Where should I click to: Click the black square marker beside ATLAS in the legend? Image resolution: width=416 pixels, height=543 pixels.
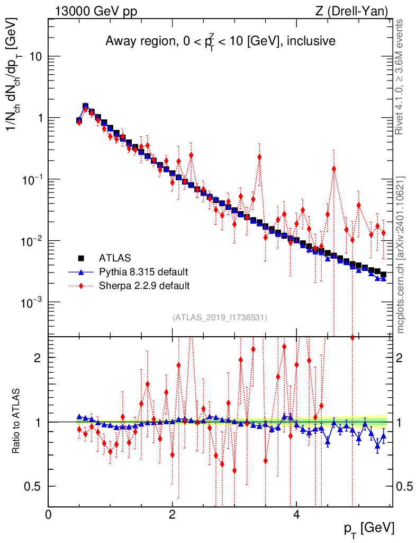(x=81, y=258)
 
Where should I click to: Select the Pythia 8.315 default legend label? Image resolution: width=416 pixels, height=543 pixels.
(x=143, y=272)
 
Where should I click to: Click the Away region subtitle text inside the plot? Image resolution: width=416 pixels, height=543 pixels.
(x=220, y=41)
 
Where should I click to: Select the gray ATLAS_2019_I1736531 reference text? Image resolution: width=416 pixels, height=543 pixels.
(x=220, y=318)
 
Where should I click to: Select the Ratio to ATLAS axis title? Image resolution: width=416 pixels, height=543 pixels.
(x=17, y=422)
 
